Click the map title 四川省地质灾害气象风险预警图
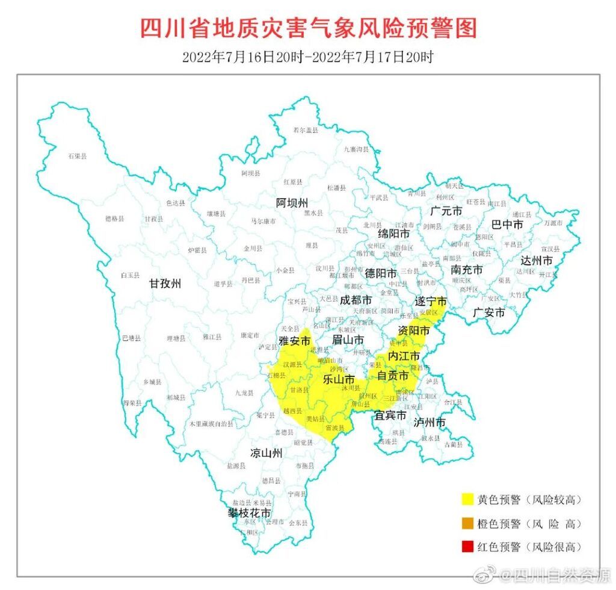pyautogui.click(x=308, y=28)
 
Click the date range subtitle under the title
pyautogui.click(x=308, y=57)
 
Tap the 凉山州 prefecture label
pyautogui.click(x=266, y=453)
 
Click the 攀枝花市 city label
pyautogui.click(x=248, y=513)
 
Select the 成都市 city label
pyautogui.click(x=356, y=299)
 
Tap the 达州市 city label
pyautogui.click(x=537, y=261)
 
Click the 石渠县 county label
pyautogui.click(x=77, y=157)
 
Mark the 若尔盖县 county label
pyautogui.click(x=305, y=130)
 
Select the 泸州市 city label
pyautogui.click(x=430, y=422)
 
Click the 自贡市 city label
pyautogui.click(x=393, y=376)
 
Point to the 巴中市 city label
pyautogui.click(x=507, y=225)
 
